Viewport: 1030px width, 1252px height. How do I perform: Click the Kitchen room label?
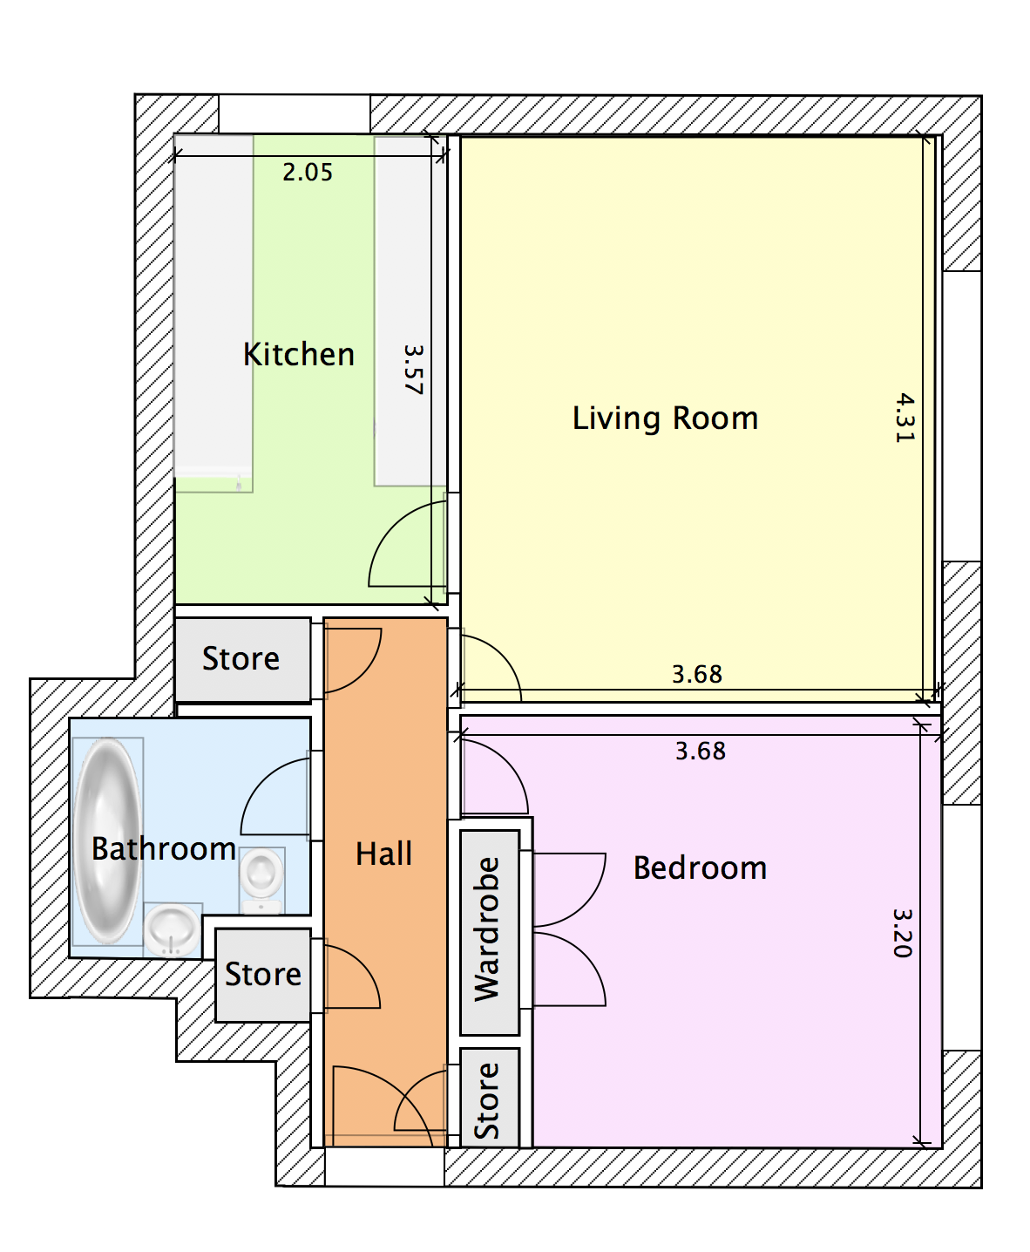[x=299, y=354]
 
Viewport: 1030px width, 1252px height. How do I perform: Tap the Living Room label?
[x=665, y=418]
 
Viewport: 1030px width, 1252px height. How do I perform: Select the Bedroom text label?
[x=700, y=868]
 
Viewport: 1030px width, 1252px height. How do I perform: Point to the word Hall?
[x=384, y=854]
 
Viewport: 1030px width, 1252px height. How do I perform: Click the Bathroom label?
[x=164, y=848]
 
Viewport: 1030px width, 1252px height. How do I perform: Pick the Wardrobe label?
[x=487, y=929]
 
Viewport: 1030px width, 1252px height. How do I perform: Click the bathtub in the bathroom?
[x=107, y=841]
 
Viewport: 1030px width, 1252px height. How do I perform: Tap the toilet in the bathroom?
[x=261, y=881]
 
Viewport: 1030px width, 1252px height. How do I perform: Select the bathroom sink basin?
[x=172, y=929]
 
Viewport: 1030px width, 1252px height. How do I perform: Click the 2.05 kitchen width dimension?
[x=308, y=172]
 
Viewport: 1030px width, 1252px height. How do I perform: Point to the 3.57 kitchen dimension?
[x=413, y=370]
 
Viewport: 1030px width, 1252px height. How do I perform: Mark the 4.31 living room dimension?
[x=905, y=418]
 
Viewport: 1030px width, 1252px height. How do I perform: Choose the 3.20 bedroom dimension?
[x=903, y=933]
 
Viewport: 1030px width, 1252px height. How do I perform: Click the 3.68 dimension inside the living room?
[x=697, y=674]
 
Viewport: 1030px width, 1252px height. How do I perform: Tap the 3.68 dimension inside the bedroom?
[x=700, y=752]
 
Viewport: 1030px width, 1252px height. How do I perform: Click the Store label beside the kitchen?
[x=241, y=658]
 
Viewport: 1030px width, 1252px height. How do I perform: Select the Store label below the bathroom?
[x=263, y=974]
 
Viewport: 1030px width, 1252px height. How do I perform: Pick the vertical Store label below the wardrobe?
[x=487, y=1100]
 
